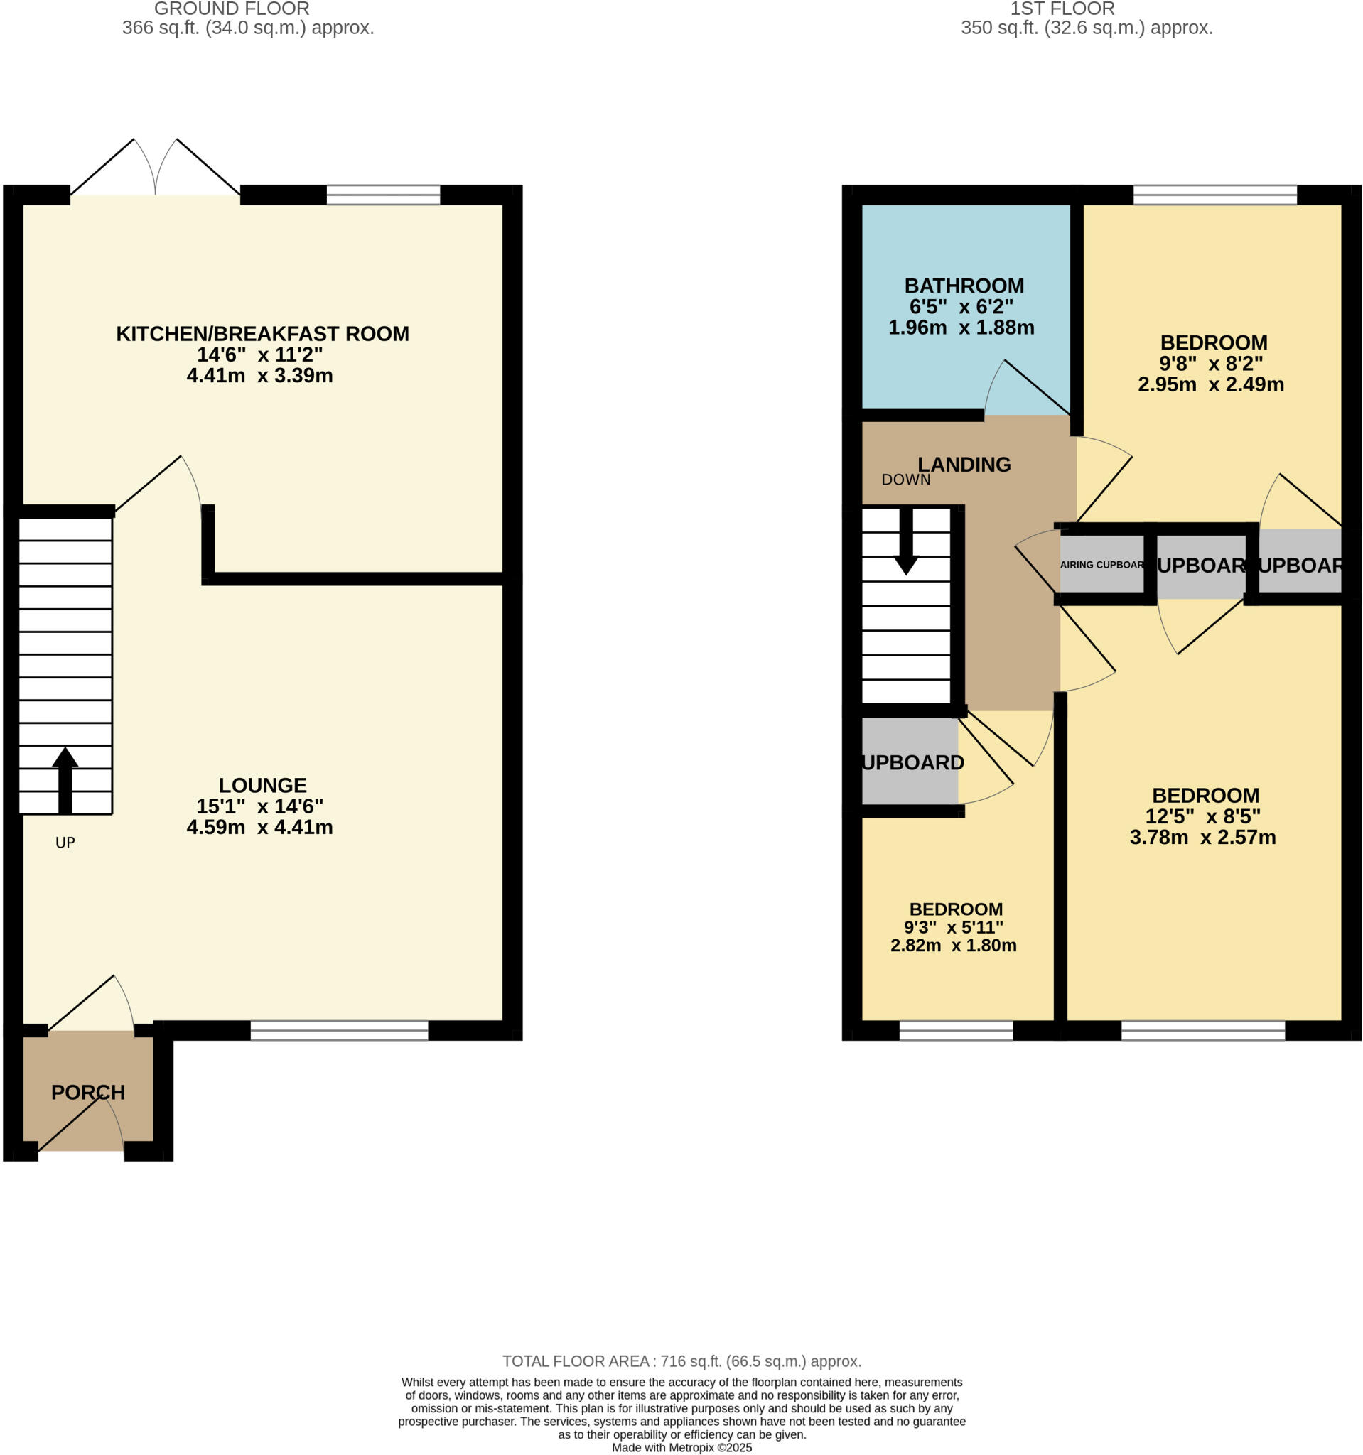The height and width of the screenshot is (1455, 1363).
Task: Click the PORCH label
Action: (x=88, y=1092)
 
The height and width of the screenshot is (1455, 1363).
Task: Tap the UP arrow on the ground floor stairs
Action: (x=65, y=780)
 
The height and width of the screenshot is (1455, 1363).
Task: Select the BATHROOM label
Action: (x=964, y=286)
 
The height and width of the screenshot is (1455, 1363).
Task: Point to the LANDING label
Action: (x=964, y=464)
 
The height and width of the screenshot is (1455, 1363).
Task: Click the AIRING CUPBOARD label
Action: (x=1101, y=564)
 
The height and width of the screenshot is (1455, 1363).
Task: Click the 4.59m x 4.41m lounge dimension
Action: (x=259, y=827)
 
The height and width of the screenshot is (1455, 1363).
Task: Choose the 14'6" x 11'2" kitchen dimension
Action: (x=259, y=355)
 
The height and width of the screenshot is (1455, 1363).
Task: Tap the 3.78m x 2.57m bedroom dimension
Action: (x=1202, y=838)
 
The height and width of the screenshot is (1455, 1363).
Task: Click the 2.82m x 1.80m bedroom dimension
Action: (x=953, y=945)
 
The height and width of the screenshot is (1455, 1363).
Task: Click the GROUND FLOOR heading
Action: (x=232, y=9)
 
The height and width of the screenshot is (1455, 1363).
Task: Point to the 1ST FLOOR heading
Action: (x=1062, y=9)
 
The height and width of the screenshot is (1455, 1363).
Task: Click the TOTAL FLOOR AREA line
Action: (x=681, y=1361)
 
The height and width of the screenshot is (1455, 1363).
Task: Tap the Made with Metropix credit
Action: (x=681, y=1448)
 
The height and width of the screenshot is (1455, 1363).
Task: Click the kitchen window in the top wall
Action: (x=383, y=195)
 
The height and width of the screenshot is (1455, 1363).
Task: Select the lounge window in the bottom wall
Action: (x=339, y=1030)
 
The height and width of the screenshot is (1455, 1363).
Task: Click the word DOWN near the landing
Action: (x=905, y=480)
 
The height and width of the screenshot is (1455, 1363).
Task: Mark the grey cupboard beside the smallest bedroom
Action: (x=910, y=761)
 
